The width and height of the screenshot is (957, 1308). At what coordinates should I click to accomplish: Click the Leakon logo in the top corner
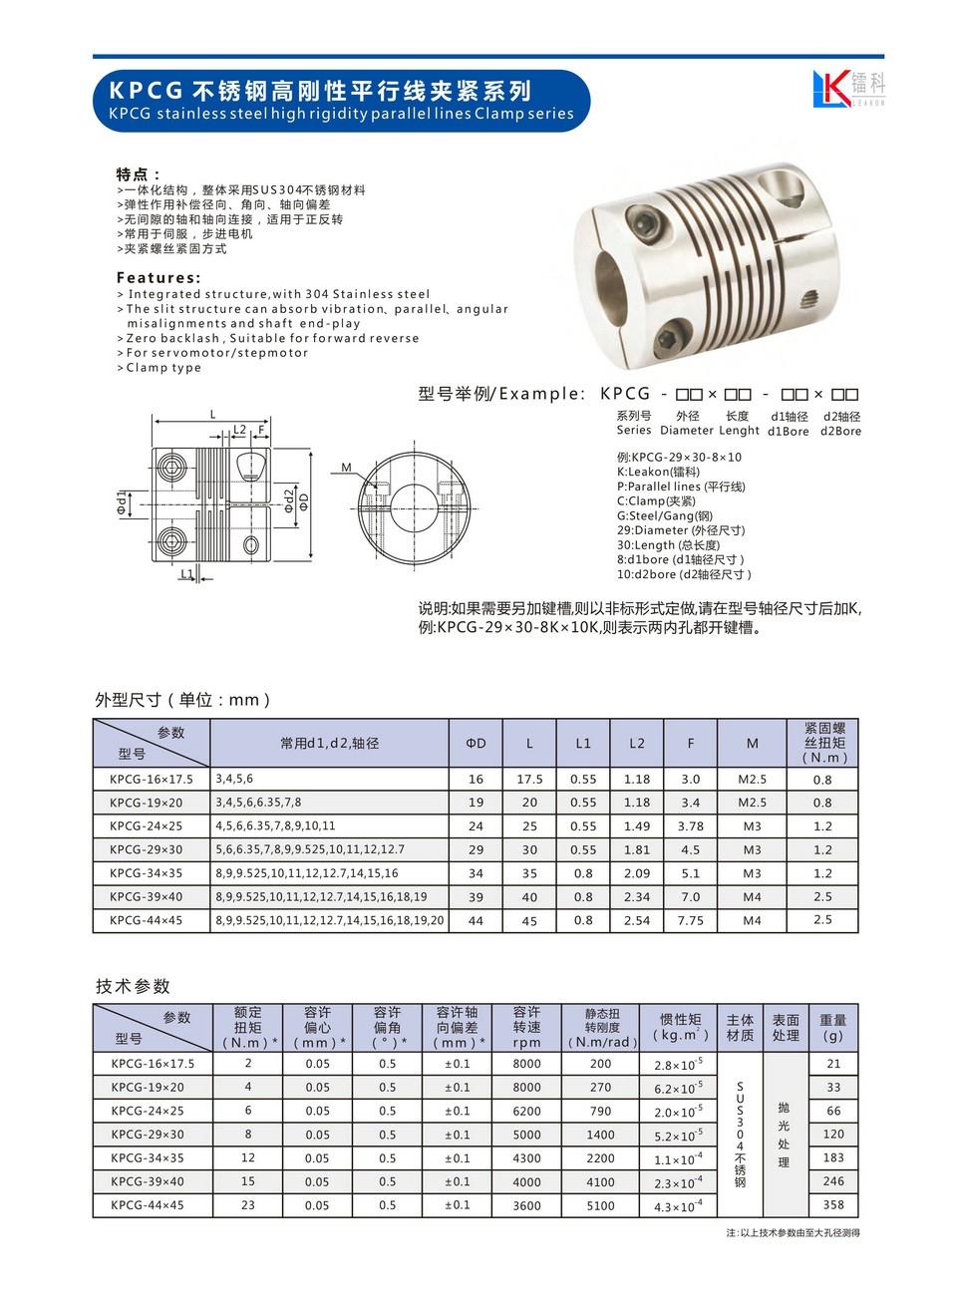click(x=847, y=89)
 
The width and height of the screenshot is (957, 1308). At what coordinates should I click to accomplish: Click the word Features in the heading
click(x=158, y=278)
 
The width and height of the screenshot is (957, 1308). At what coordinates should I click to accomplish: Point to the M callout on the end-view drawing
click(x=346, y=467)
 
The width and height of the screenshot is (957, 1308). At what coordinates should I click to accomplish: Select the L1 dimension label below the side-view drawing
click(x=186, y=575)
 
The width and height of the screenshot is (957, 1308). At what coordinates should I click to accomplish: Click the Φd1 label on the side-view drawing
click(x=122, y=502)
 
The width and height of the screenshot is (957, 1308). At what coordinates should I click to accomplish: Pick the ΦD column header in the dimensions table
click(x=476, y=744)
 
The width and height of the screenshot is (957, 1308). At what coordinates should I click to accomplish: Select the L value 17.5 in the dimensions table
click(x=529, y=780)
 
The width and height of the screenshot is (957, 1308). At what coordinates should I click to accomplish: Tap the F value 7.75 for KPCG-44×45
click(x=690, y=921)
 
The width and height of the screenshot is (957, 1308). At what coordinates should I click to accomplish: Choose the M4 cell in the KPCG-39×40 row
click(x=752, y=897)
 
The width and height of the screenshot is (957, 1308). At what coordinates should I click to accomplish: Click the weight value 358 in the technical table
click(x=833, y=1205)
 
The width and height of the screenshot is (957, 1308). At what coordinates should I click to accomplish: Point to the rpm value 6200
click(x=526, y=1112)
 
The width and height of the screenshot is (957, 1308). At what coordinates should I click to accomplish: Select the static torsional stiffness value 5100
click(x=600, y=1205)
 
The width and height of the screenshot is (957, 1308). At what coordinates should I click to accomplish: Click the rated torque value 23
click(x=248, y=1205)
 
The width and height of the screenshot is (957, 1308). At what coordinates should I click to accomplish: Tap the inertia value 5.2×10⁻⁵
click(x=678, y=1136)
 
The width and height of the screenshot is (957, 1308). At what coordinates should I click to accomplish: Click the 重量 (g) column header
click(x=833, y=1028)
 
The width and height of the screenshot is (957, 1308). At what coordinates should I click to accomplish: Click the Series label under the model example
click(x=634, y=431)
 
